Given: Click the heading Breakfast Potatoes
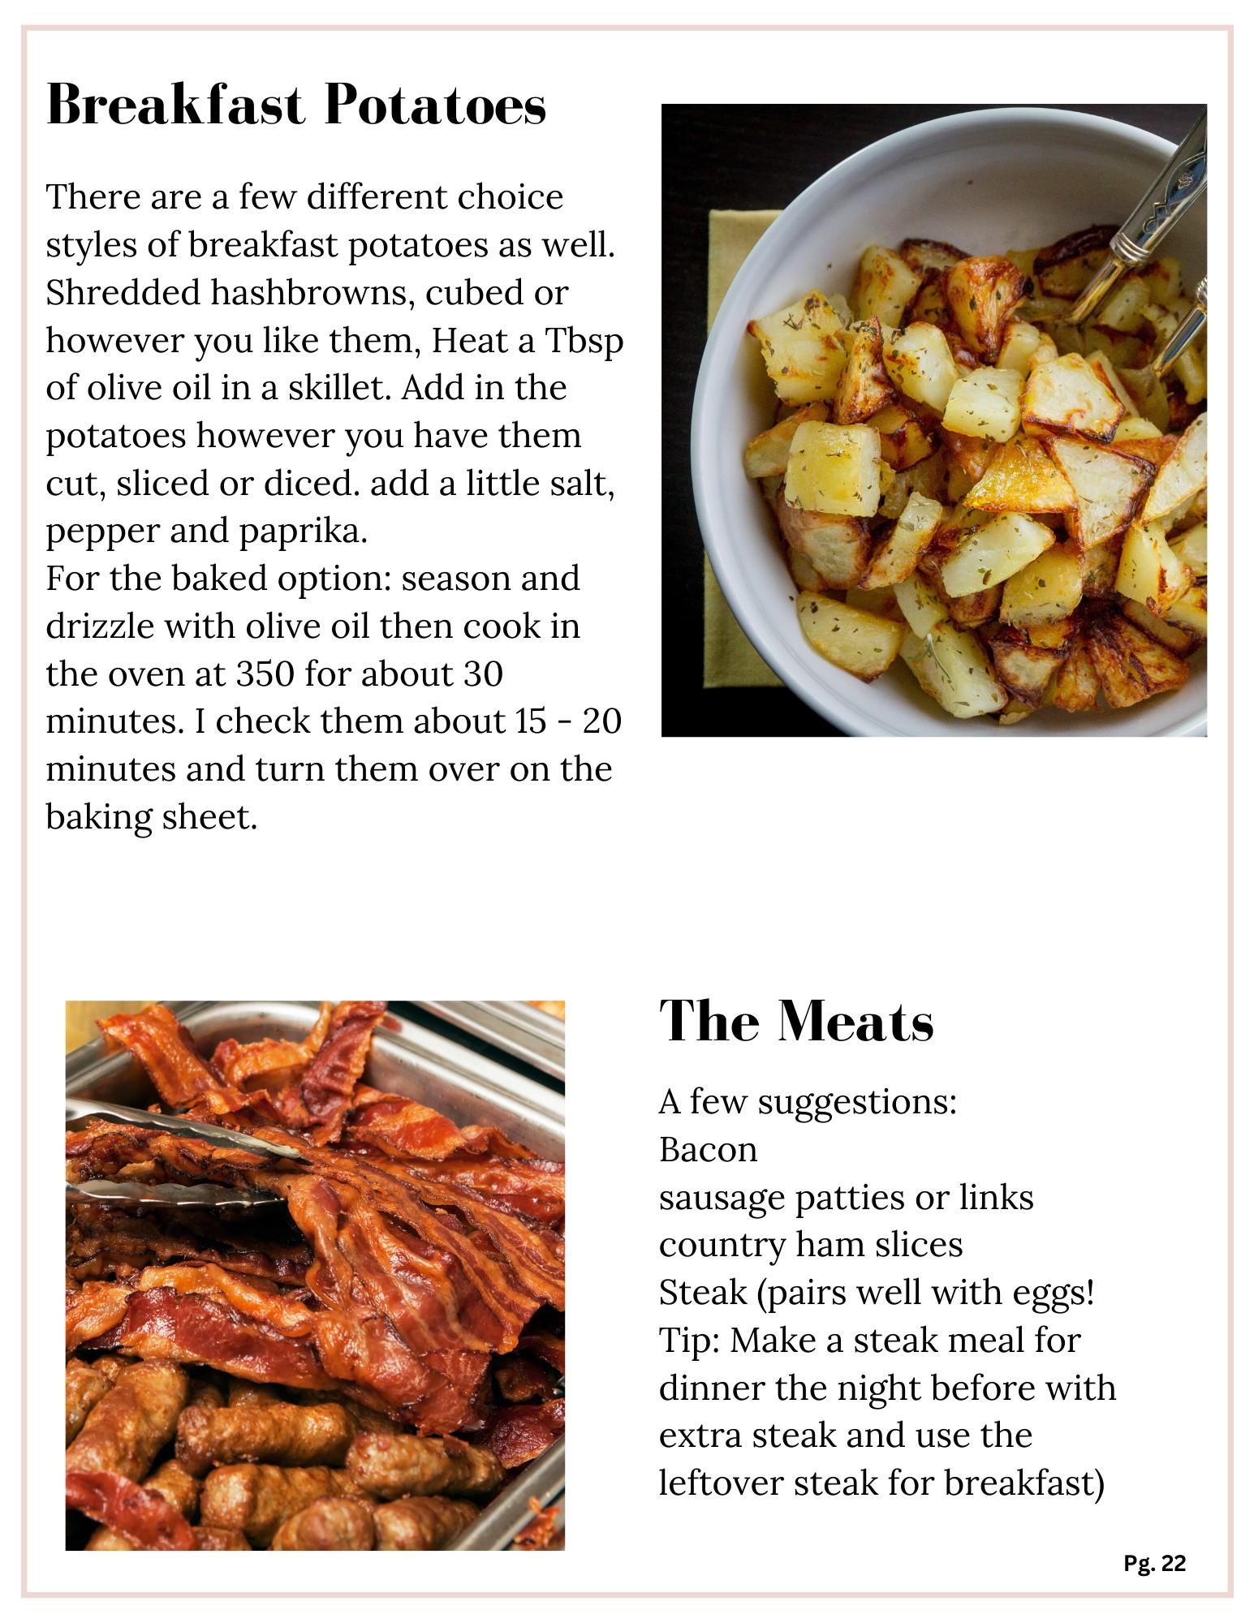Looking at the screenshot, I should (296, 105).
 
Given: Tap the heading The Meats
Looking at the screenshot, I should (796, 1021).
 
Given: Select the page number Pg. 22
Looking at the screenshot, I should (1154, 1563).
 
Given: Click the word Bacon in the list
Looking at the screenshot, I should (708, 1150).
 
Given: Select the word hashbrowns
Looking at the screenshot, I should (312, 293).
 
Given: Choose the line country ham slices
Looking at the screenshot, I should (811, 1245).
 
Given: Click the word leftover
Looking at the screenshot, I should (719, 1484).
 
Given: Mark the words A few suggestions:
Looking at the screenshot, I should (808, 1102).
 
